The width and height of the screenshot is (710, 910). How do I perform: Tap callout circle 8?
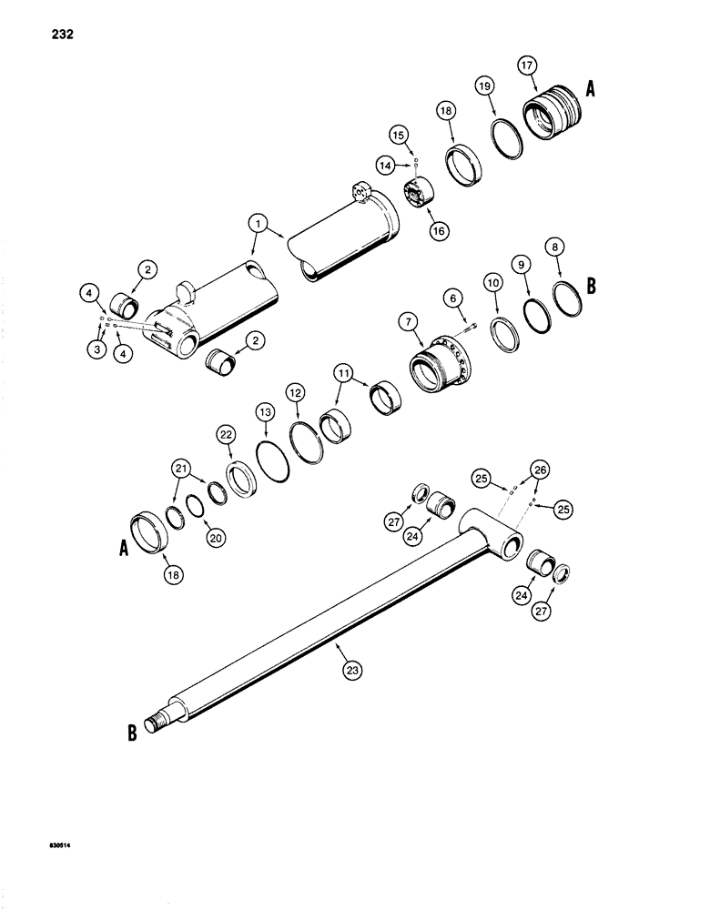click(x=553, y=247)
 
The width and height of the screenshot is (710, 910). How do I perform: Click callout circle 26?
click(x=540, y=470)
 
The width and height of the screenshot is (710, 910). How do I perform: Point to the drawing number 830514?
click(x=63, y=845)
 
